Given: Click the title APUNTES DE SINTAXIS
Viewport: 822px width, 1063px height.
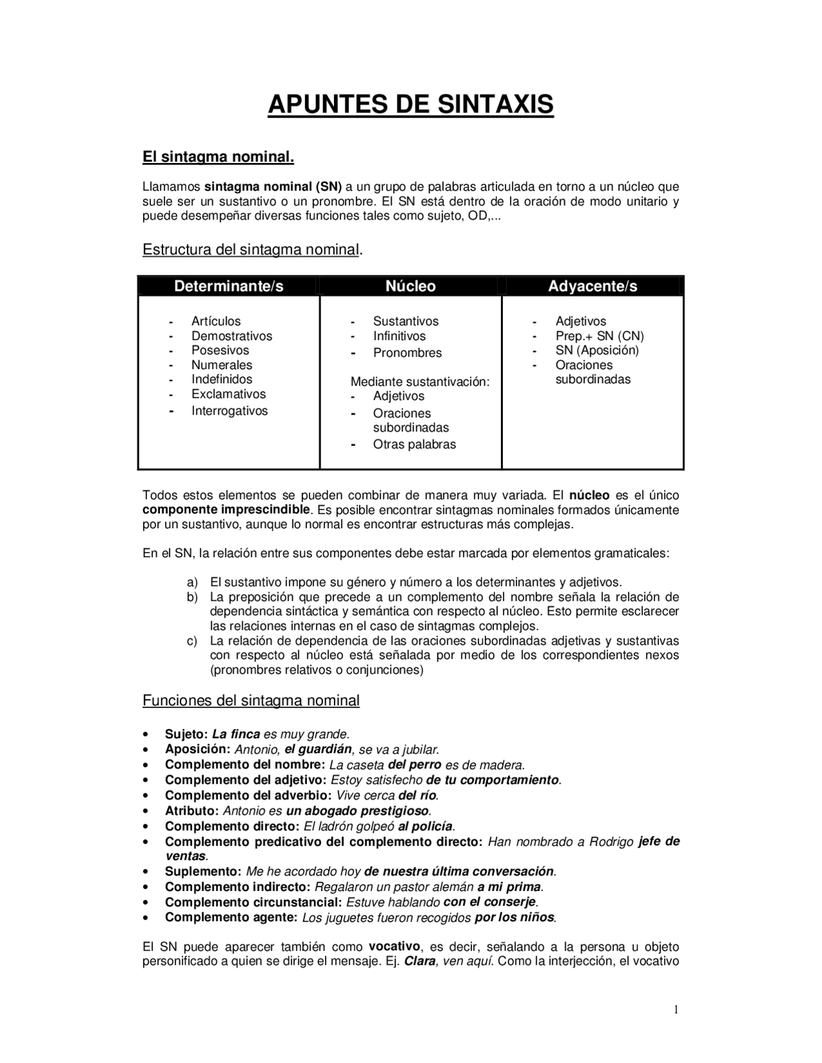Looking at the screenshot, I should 410,104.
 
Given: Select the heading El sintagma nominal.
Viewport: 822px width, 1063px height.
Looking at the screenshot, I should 218,157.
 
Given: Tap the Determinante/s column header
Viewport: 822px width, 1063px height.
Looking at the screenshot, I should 229,286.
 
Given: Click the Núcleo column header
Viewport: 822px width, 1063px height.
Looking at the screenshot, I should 410,286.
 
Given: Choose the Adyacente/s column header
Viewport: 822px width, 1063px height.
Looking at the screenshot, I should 592,286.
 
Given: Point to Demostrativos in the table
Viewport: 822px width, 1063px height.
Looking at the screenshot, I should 231,336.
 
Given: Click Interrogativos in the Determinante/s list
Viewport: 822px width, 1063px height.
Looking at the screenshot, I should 229,411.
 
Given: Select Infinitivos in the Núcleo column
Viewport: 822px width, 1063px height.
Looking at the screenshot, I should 399,336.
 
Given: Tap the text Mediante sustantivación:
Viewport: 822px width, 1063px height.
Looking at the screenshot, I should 420,382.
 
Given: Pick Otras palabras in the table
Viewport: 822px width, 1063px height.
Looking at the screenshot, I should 414,444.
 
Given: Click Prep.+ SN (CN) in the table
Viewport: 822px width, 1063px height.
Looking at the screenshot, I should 599,336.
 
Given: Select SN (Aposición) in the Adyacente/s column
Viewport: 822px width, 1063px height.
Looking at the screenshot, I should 597,350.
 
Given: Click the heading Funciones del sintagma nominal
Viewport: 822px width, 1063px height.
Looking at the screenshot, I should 250,700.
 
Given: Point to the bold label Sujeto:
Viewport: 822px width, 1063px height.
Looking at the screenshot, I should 186,734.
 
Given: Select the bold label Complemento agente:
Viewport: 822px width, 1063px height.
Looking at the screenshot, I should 231,917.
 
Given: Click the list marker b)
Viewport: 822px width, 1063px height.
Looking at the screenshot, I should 192,597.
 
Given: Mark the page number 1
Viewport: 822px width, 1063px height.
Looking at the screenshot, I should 676,1010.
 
